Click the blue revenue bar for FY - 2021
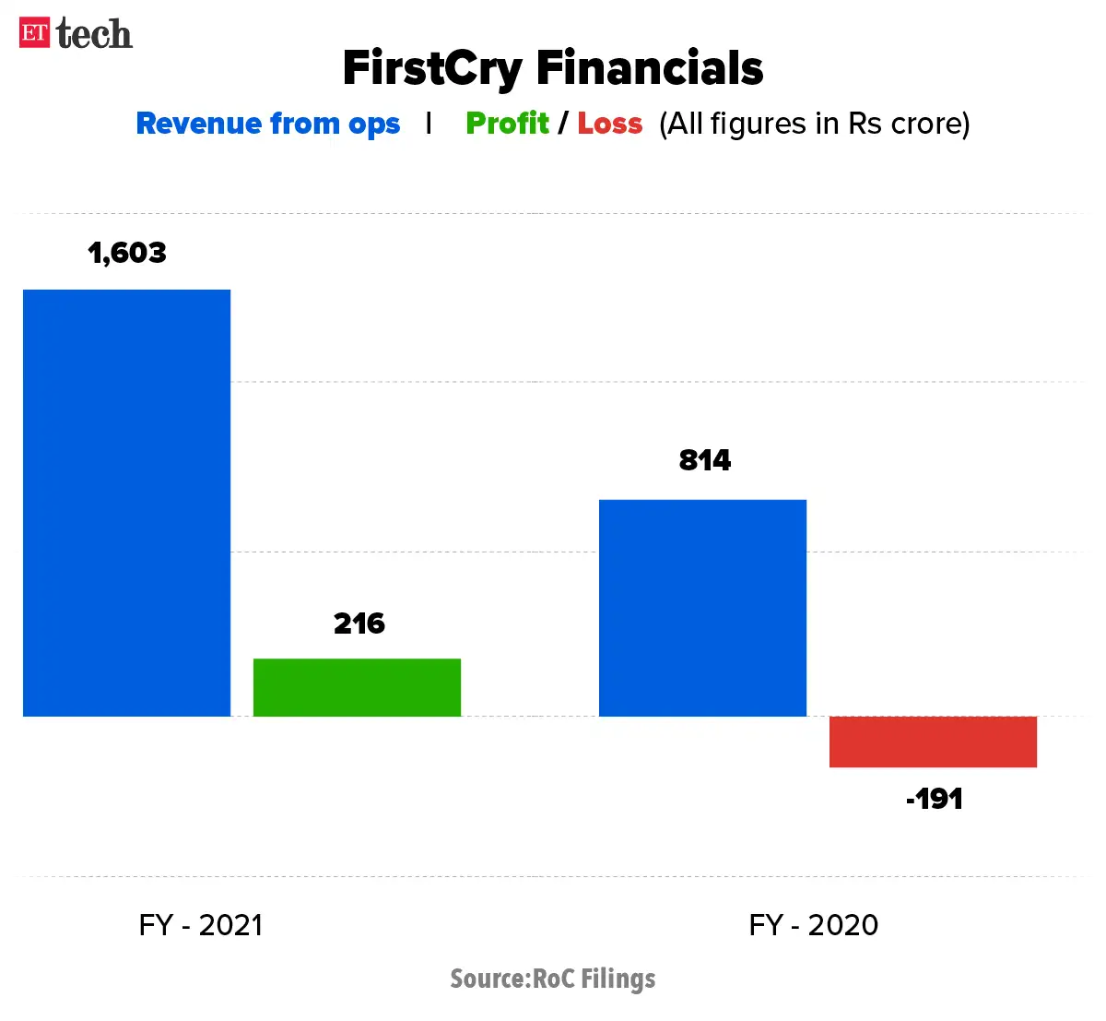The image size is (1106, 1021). pyautogui.click(x=126, y=503)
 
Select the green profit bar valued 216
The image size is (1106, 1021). pyautogui.click(x=357, y=687)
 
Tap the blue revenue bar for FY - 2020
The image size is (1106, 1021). pyautogui.click(x=702, y=608)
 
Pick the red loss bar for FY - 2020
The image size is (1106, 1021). pyautogui.click(x=933, y=742)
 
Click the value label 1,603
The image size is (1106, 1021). pyautogui.click(x=127, y=253)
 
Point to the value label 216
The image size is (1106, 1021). pyautogui.click(x=359, y=623)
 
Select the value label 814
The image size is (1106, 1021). pyautogui.click(x=704, y=460)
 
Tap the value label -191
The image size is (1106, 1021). pyautogui.click(x=934, y=799)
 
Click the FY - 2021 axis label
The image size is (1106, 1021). pyautogui.click(x=201, y=924)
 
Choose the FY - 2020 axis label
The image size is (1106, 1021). pyautogui.click(x=813, y=924)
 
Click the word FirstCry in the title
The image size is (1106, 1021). pyautogui.click(x=431, y=68)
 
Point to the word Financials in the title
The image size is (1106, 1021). pyautogui.click(x=650, y=68)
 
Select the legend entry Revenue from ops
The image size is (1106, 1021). pyautogui.click(x=267, y=124)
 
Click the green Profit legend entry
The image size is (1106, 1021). pyautogui.click(x=507, y=123)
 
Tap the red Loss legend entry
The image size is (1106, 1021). pyautogui.click(x=609, y=123)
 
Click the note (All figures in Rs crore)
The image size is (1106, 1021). pyautogui.click(x=814, y=124)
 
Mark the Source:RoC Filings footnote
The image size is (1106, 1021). pyautogui.click(x=552, y=979)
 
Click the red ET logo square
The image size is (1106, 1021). pyautogui.click(x=35, y=33)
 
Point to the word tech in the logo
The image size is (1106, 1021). pyautogui.click(x=94, y=34)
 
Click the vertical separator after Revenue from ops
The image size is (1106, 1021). pyautogui.click(x=429, y=123)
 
